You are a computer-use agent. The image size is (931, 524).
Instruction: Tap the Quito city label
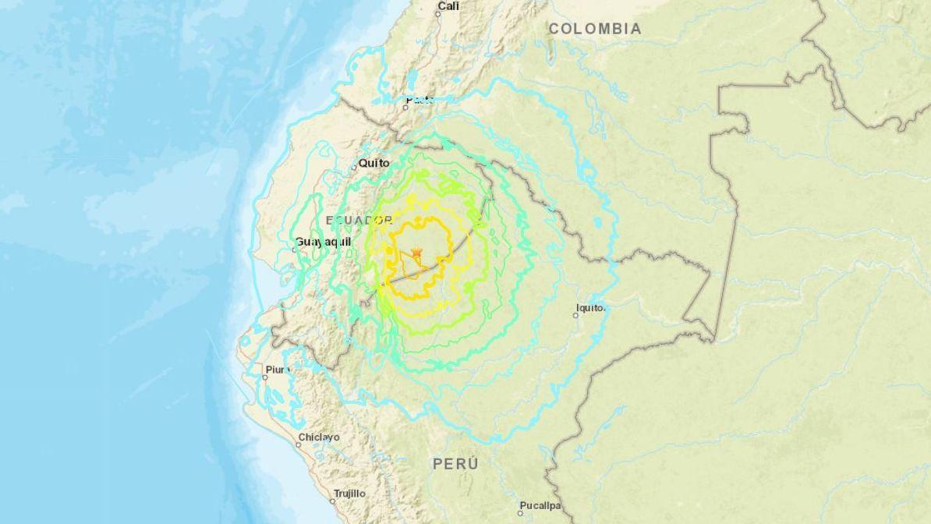point(373,164)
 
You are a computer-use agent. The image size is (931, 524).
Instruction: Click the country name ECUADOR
point(358,221)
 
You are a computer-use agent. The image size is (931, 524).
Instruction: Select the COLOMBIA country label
point(595,29)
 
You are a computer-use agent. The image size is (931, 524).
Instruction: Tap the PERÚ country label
point(456,464)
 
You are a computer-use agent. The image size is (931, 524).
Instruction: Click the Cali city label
point(448,6)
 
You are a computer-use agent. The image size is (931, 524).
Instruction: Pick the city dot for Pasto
point(405,106)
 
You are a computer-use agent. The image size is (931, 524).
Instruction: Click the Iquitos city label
point(590,308)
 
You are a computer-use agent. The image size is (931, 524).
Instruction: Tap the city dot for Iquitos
point(577,315)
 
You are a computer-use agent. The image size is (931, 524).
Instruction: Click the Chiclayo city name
point(319,437)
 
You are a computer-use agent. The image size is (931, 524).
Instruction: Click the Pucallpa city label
point(540,505)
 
